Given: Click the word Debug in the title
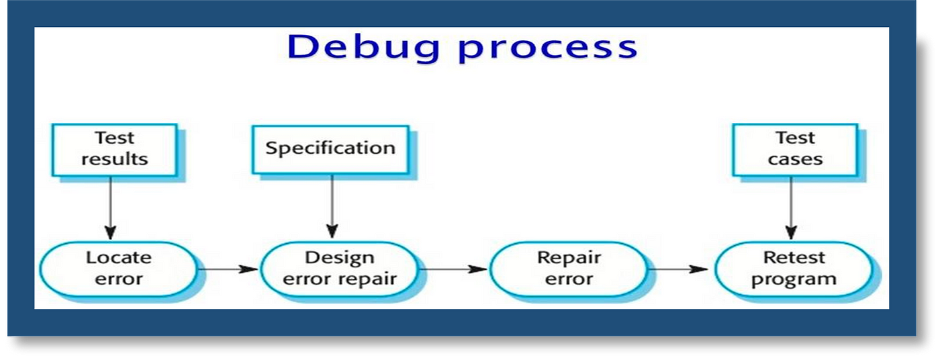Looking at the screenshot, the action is (x=363, y=48).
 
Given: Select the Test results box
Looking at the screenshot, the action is (x=115, y=149).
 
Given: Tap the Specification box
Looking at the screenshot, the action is (x=330, y=149).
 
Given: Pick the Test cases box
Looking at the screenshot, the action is (x=795, y=149).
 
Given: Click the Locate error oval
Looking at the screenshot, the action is (x=118, y=269).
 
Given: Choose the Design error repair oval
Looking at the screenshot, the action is (x=340, y=269).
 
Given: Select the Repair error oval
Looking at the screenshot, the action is (x=569, y=269).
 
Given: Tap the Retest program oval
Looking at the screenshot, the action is (x=794, y=269).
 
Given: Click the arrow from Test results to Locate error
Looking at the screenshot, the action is (x=111, y=208).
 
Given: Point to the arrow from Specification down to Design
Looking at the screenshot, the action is (x=332, y=206).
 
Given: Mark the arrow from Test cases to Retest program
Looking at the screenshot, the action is (x=792, y=208).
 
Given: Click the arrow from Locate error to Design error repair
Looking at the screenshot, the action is (x=228, y=269).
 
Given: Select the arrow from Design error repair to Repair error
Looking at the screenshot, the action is (x=454, y=269).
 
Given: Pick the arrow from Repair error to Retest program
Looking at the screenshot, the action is (x=679, y=269).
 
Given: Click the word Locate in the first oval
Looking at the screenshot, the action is (x=119, y=258).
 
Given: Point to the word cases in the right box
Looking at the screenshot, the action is (x=795, y=159).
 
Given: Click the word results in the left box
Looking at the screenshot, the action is (x=115, y=159).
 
